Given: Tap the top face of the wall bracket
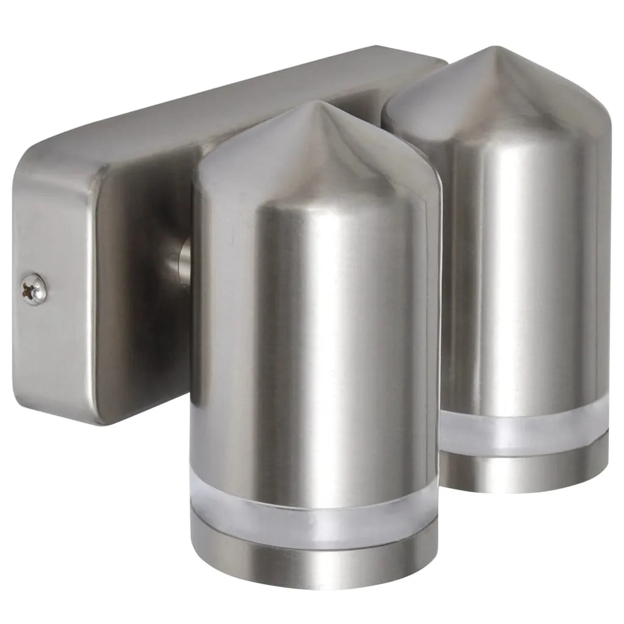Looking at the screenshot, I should (x=244, y=104).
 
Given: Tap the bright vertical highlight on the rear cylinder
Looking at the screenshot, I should (x=536, y=274).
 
